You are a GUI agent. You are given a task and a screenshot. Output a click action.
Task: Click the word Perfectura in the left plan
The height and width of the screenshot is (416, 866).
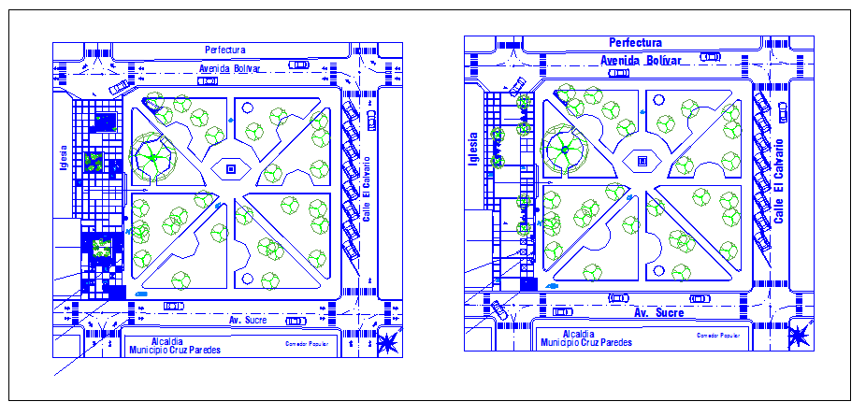coord(224,49)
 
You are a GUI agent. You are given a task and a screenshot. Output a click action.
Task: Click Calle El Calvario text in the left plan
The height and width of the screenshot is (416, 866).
coord(368,187)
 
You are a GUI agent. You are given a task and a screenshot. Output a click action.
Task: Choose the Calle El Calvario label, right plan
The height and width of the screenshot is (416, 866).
coord(777,178)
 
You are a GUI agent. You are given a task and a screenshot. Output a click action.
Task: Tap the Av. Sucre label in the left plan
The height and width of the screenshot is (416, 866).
coord(248,320)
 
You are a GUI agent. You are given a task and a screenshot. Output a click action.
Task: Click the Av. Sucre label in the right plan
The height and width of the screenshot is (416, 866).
coord(658,312)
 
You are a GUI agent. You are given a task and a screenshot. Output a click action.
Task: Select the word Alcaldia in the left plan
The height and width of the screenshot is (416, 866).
coord(166,341)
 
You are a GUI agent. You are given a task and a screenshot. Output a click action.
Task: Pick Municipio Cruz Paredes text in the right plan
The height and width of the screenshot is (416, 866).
coord(585,342)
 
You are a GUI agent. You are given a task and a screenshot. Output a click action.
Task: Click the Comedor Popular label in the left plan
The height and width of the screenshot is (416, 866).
coord(306,343)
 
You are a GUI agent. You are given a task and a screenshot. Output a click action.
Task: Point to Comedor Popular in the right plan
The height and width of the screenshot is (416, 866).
coord(717,334)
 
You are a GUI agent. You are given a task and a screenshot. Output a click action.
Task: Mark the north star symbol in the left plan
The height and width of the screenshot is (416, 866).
coord(384,344)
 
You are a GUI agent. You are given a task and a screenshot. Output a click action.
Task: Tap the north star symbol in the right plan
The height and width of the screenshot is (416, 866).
coord(800,335)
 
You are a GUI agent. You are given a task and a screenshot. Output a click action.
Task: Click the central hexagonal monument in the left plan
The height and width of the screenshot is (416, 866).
coord(228,170)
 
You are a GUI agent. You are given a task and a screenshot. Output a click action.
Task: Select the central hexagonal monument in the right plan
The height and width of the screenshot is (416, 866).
coord(642,161)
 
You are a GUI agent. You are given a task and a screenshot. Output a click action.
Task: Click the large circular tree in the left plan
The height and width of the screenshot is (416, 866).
coord(152,157)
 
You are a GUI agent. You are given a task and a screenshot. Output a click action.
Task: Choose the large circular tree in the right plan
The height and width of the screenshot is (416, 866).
coord(565,149)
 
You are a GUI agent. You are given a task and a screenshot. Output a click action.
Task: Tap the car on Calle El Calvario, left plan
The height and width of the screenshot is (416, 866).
coord(372,122)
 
